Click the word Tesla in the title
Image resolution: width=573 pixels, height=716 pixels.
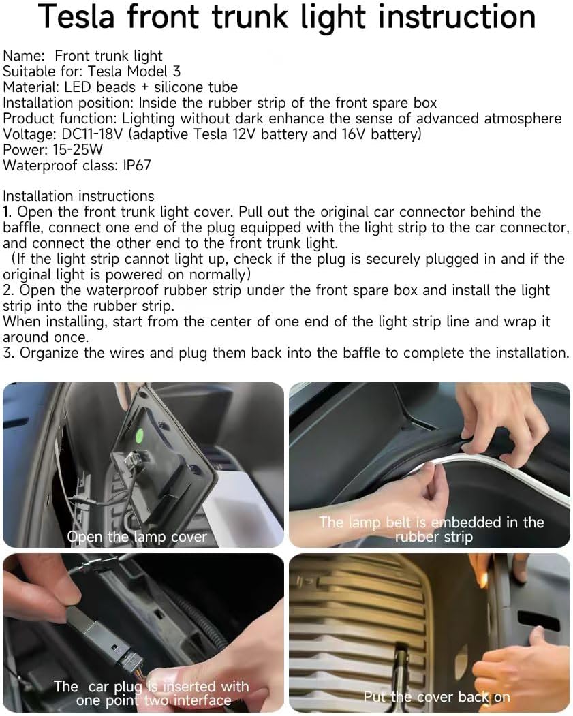pos(76,16)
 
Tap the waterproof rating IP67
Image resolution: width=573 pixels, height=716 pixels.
pos(136,166)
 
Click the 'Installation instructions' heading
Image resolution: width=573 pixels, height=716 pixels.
pos(78,196)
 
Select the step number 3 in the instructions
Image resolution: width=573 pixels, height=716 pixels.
pos(8,353)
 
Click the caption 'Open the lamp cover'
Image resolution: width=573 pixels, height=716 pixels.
pos(137,537)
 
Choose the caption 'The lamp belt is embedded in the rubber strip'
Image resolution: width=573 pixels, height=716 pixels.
pos(431,529)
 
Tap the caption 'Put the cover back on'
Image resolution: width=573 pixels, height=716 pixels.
pos(437,697)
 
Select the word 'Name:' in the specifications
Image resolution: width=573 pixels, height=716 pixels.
pos(24,56)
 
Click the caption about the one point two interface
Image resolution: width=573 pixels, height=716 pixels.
pos(152,693)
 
